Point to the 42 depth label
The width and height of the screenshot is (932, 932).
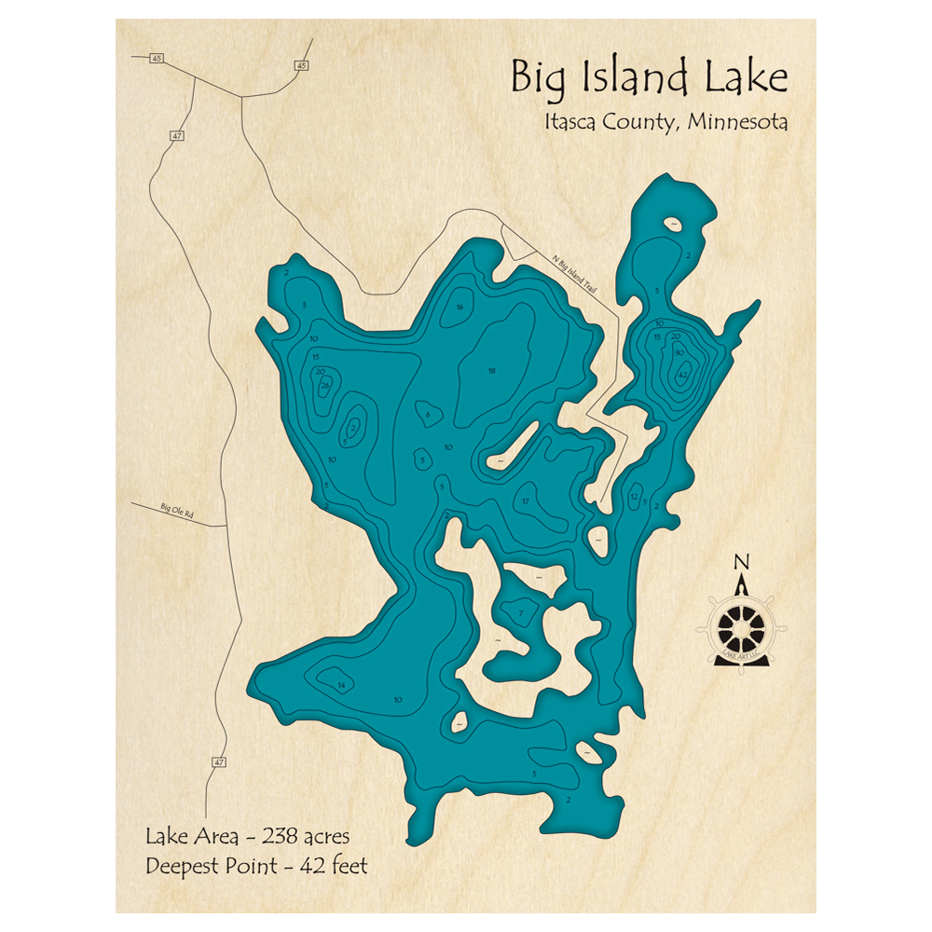click(x=683, y=376)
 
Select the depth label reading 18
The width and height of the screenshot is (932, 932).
click(x=492, y=371)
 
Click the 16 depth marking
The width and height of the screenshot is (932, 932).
click(x=459, y=308)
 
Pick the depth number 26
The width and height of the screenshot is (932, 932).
click(x=325, y=385)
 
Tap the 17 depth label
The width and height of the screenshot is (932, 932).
click(x=526, y=501)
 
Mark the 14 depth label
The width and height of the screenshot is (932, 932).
click(x=342, y=686)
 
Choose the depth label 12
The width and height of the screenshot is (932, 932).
click(x=634, y=497)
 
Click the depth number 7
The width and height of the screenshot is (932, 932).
click(x=521, y=612)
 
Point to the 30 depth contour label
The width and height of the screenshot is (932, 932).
click(x=679, y=351)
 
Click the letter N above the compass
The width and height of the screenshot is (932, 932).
click(x=741, y=561)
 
